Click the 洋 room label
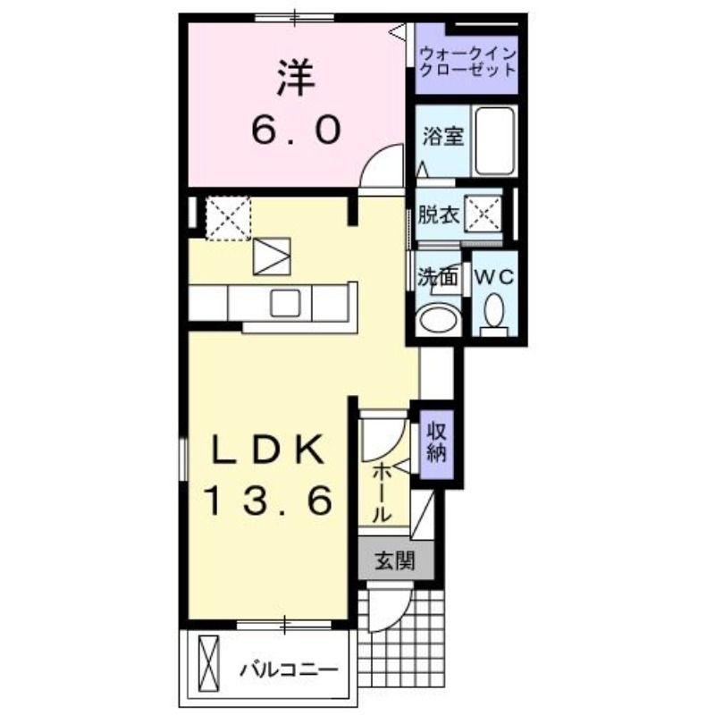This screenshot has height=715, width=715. click(297, 79)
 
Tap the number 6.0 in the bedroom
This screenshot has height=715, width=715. click(296, 129)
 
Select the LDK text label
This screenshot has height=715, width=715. click(265, 450)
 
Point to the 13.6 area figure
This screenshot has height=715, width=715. click(269, 500)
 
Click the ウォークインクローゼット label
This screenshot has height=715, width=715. click(467, 62)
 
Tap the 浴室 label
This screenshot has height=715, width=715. click(442, 136)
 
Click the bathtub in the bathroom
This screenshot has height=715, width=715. click(495, 140)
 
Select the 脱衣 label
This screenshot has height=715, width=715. click(438, 214)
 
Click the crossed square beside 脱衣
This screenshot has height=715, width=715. click(483, 214)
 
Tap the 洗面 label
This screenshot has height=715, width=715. click(438, 276)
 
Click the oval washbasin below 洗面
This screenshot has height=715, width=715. click(440, 319)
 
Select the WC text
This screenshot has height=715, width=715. click(495, 277)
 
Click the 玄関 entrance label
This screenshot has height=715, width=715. click(395, 561)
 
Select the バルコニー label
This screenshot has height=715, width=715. click(290, 669)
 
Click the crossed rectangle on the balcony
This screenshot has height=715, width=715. click(208, 664)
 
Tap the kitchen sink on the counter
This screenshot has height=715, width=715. click(285, 303)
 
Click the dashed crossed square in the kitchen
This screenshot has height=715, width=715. click(228, 217)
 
